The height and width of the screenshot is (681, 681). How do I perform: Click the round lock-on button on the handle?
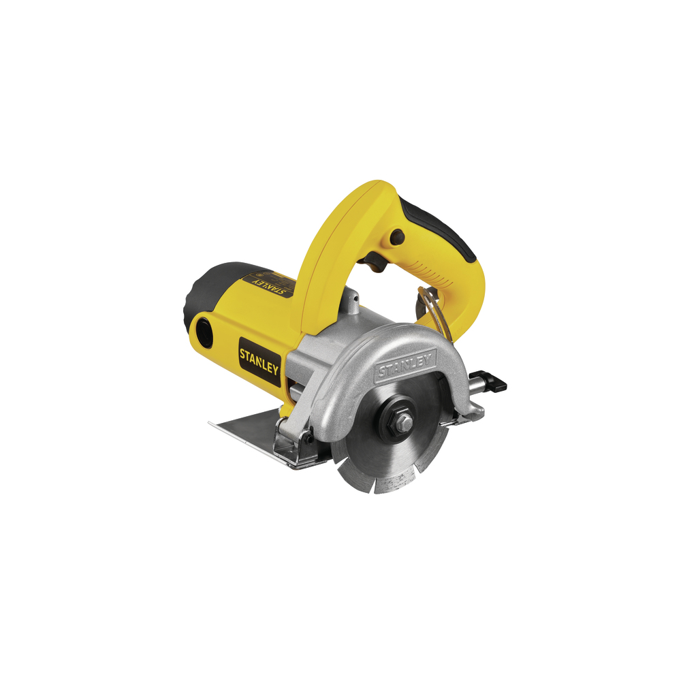click(396, 238)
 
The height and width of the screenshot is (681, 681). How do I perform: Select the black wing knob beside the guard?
click(494, 383)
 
